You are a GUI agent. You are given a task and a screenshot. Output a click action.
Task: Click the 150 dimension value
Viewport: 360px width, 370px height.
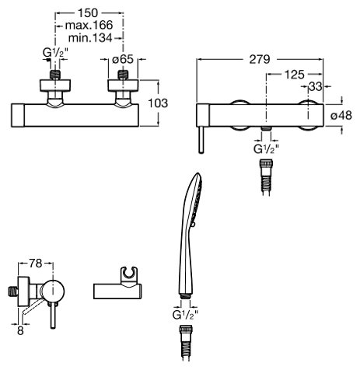point(88,13)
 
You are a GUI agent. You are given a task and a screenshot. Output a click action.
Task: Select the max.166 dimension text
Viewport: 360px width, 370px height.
point(89,26)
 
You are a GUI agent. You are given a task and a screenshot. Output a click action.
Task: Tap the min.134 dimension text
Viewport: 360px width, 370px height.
point(90,38)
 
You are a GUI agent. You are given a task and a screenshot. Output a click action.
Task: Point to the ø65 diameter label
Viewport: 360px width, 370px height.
point(123,60)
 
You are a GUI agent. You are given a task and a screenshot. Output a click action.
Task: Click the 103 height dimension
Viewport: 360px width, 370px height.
point(158,103)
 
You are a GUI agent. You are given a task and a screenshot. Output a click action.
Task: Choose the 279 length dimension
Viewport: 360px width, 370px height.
point(260,59)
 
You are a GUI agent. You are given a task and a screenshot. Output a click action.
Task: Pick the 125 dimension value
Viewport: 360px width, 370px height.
point(295,75)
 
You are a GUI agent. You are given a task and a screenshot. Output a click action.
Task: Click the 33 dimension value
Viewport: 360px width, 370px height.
point(316,86)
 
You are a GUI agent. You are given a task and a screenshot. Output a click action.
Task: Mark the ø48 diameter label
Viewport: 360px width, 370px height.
point(341,115)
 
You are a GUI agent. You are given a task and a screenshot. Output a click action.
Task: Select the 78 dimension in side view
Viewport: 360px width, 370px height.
point(36,264)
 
